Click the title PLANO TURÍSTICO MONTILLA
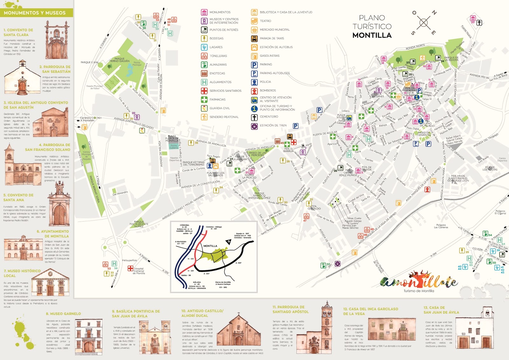(x=372, y=27)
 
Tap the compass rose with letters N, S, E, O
(x=424, y=23)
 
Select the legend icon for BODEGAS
(x=204, y=39)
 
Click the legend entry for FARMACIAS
(x=217, y=100)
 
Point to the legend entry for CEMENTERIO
(x=268, y=117)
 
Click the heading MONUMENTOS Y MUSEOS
(x=35, y=13)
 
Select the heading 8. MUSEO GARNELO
(x=63, y=314)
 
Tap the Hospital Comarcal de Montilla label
(x=139, y=271)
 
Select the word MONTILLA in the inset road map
(x=210, y=246)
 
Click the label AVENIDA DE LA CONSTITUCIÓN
(x=200, y=185)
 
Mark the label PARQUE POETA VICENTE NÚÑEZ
(x=139, y=224)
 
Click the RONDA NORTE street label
(x=415, y=47)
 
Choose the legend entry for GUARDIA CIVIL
(x=220, y=108)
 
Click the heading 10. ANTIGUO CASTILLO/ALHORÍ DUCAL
(x=202, y=313)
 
